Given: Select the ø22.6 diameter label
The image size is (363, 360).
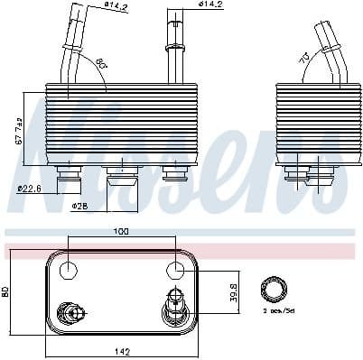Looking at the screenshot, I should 30,188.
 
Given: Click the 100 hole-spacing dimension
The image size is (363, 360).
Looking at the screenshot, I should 120,232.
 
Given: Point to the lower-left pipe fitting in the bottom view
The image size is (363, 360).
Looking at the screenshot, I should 70,313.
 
